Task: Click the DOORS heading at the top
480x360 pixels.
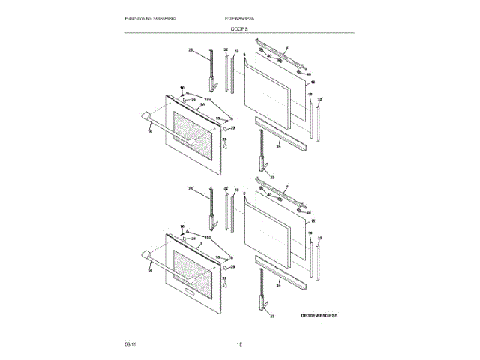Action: click(x=239, y=28)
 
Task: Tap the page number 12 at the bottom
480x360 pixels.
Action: click(x=239, y=343)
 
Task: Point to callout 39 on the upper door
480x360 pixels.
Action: click(x=149, y=132)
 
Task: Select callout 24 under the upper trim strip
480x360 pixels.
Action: click(x=278, y=147)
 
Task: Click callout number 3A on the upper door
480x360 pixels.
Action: click(x=201, y=106)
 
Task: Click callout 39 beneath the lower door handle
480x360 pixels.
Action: click(x=149, y=270)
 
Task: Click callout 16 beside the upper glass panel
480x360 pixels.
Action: click(x=313, y=82)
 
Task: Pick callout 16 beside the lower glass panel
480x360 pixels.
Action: click(x=313, y=221)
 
